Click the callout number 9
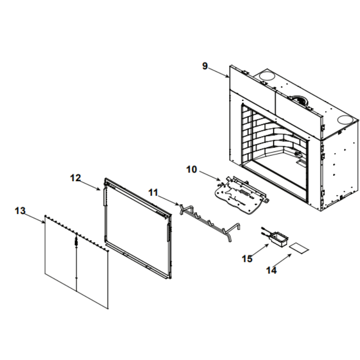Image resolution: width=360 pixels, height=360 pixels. pyautogui.click(x=205, y=66)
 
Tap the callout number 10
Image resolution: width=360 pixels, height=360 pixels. pyautogui.click(x=192, y=170)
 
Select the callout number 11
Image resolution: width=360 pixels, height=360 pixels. pyautogui.click(x=153, y=193)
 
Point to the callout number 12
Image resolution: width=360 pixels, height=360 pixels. pyautogui.click(x=76, y=178)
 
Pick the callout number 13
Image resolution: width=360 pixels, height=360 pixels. pyautogui.click(x=20, y=211)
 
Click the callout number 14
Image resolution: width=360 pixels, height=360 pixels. pyautogui.click(x=271, y=270)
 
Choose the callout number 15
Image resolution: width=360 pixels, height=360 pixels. pyautogui.click(x=247, y=259)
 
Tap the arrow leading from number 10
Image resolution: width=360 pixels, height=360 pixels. pyautogui.click(x=210, y=176)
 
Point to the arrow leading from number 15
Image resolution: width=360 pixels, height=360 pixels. pyautogui.click(x=261, y=250)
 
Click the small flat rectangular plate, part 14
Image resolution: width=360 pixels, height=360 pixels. pyautogui.click(x=299, y=248)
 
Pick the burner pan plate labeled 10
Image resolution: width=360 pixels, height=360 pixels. pyautogui.click(x=241, y=195)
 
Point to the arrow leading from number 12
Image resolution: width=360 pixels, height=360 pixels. pyautogui.click(x=90, y=185)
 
